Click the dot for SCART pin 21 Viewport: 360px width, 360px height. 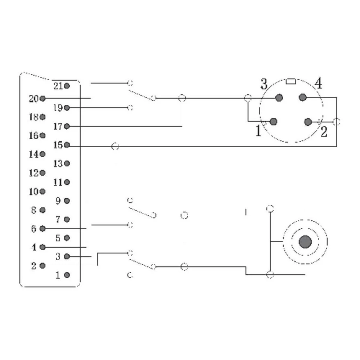pos(67,86)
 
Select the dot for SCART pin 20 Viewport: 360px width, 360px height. pos(42,98)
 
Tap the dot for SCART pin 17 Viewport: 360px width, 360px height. pos(67,126)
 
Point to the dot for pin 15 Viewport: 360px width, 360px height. pos(67,145)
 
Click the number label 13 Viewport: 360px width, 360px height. pos(58,164)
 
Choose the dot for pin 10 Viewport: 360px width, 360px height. pos(42,192)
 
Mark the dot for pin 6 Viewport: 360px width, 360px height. pos(42,229)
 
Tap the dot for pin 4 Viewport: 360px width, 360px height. pos(42,247)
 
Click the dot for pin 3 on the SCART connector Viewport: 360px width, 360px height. pos(67,257)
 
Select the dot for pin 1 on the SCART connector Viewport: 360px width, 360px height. pos(67,275)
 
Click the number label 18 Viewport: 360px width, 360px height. pos(33,117)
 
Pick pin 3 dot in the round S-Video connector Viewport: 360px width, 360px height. pos(279,98)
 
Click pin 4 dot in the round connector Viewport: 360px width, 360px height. pos(303,97)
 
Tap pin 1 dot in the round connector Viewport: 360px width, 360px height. pos(274,122)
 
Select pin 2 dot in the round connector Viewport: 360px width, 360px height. pos(308,122)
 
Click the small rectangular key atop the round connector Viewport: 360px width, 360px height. pos(291,81)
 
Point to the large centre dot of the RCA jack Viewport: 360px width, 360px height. pos(305,242)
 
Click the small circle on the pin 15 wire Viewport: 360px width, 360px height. pos(115,147)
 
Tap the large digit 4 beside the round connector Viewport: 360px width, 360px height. pos(318,84)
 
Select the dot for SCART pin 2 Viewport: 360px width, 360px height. pos(42,266)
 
